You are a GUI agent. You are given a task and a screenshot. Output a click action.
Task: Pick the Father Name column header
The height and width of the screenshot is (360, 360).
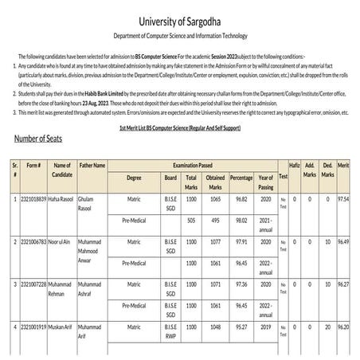point(93,165)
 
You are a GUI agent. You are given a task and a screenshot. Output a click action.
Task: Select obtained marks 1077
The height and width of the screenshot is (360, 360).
point(215,241)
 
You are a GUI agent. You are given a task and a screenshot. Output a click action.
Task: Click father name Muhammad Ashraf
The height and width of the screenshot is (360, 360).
point(93,288)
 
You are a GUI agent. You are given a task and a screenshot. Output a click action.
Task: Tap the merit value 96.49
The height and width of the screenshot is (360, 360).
point(344,241)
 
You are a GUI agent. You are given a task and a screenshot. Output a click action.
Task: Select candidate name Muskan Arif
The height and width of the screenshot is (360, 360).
point(62,327)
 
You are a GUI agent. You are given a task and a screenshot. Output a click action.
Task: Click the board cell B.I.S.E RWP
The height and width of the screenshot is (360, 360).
point(170,331)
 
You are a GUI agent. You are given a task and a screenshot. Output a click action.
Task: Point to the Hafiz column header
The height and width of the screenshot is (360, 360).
point(294,165)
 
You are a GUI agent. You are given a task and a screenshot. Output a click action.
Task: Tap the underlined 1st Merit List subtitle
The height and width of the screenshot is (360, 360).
point(179,128)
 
